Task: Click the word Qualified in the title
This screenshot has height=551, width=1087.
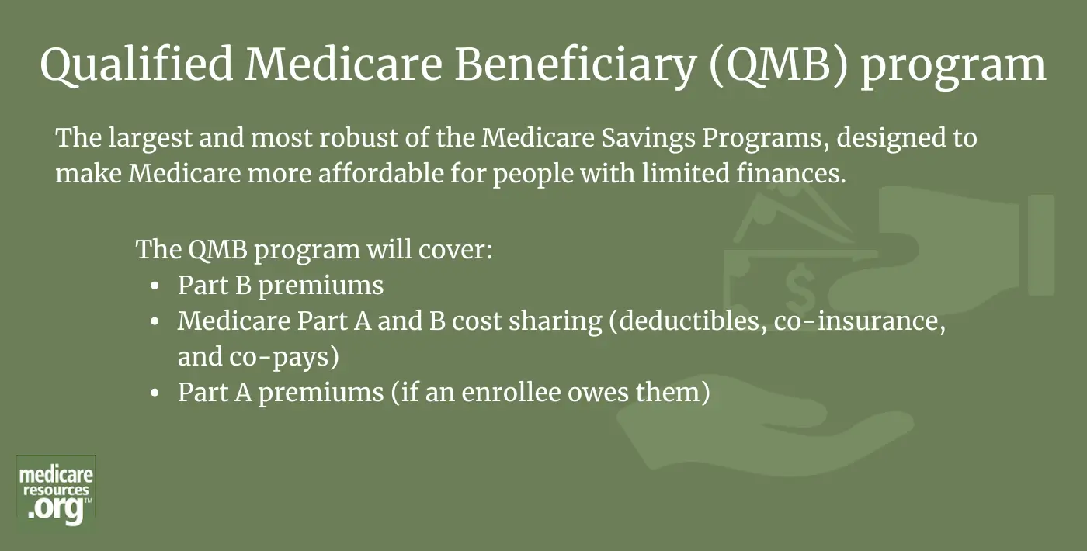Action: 137,64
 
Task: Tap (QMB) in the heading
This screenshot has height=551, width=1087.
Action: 778,65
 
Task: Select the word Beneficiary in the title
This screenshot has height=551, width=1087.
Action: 575,65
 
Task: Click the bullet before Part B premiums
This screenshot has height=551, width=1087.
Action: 155,286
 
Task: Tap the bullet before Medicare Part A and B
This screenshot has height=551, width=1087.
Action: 155,322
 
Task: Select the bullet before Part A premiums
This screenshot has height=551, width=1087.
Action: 155,393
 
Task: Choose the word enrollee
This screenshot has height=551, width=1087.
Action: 511,393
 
